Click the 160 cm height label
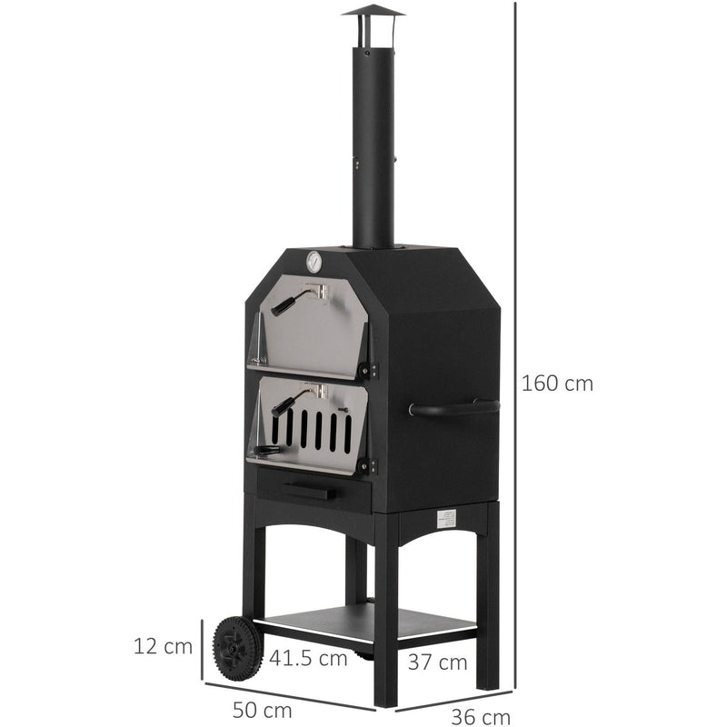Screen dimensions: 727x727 [x=557, y=383]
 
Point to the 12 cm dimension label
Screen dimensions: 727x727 [x=164, y=646]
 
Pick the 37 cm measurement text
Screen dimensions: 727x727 [x=438, y=662]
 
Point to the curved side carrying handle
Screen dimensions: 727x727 [x=453, y=408]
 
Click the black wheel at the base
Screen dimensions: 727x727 [x=237, y=648]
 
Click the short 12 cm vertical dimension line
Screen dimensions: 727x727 [x=202, y=646]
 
